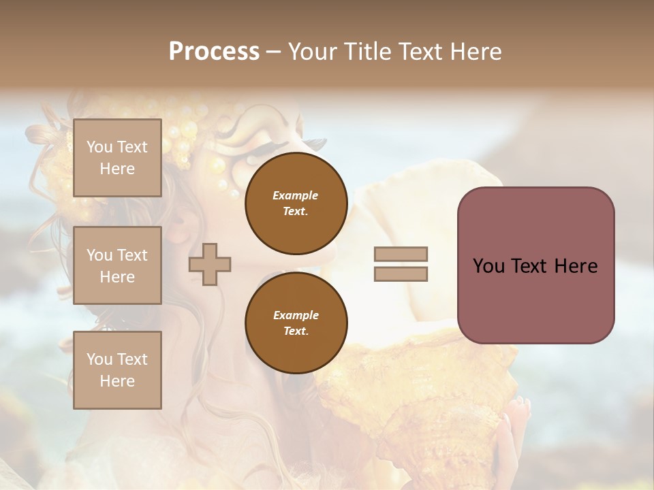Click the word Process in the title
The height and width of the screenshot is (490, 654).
tap(214, 52)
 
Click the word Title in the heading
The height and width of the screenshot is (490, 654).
tap(364, 52)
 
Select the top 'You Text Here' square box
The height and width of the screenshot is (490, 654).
tap(117, 158)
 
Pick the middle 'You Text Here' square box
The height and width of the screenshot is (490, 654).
tap(117, 265)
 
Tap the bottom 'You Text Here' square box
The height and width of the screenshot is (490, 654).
tap(117, 370)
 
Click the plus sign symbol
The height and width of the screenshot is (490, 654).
tap(210, 264)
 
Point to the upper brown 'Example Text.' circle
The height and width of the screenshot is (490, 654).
tap(296, 203)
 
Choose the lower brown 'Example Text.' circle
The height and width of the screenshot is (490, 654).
tap(296, 323)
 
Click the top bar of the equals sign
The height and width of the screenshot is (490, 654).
tap(401, 254)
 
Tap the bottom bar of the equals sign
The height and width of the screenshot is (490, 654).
tap(401, 274)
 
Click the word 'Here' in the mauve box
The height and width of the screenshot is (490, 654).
tap(575, 266)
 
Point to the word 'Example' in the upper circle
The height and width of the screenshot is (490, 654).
tap(296, 195)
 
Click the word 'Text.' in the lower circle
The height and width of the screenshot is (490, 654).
tap(296, 331)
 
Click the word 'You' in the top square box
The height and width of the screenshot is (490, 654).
tap(99, 147)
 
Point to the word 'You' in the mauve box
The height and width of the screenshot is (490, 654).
tap(489, 266)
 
